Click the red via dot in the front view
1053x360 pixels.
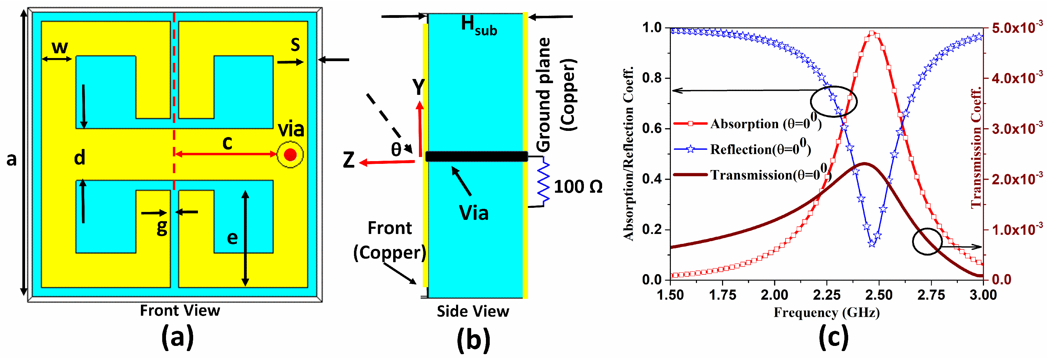click(x=290, y=155)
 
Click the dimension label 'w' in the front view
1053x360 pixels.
click(x=60, y=47)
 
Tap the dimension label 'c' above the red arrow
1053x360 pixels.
click(x=227, y=143)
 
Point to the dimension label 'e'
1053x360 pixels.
click(x=232, y=238)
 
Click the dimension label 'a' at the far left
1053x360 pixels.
click(x=11, y=159)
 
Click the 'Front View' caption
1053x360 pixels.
click(x=180, y=311)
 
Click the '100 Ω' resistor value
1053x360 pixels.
click(x=578, y=187)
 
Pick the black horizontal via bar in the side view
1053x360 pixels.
click(x=477, y=156)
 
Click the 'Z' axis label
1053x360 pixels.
click(x=349, y=160)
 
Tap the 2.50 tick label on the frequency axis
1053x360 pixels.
click(x=879, y=295)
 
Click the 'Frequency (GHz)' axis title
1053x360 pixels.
click(x=827, y=313)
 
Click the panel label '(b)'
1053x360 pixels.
click(x=473, y=339)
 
